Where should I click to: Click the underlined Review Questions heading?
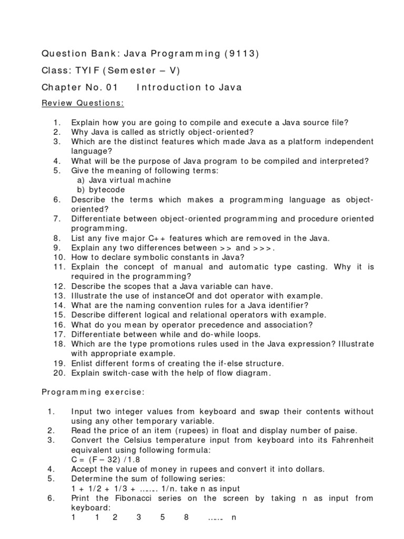click(83, 104)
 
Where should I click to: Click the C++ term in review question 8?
click(157, 238)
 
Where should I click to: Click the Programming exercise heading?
click(93, 392)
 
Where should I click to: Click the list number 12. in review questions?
click(59, 286)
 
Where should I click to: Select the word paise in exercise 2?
click(346, 431)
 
